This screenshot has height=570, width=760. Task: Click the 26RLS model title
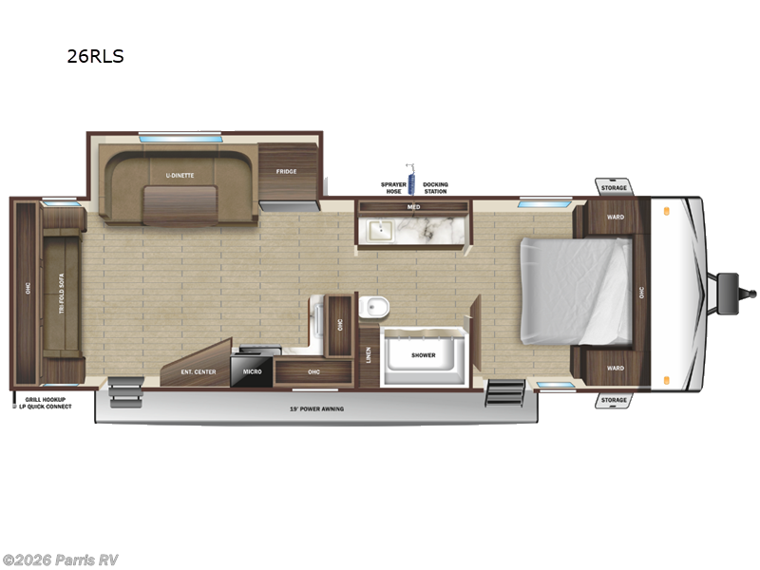pyautogui.click(x=95, y=56)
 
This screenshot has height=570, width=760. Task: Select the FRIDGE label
pyautogui.click(x=286, y=172)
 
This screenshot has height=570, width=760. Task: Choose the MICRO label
pyautogui.click(x=252, y=372)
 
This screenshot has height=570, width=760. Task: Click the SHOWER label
pyautogui.click(x=423, y=355)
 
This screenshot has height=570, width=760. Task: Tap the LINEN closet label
pyautogui.click(x=368, y=355)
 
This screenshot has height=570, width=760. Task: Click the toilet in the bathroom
pyautogui.click(x=375, y=306)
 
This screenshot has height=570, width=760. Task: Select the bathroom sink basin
pyautogui.click(x=379, y=229)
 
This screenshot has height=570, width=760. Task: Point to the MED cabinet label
pyautogui.click(x=413, y=206)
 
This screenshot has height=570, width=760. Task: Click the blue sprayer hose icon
pyautogui.click(x=411, y=180)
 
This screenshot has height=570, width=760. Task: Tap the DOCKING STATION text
pyautogui.click(x=435, y=187)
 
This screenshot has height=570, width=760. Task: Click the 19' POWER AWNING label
pyautogui.click(x=317, y=408)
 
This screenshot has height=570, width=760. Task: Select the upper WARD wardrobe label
pyautogui.click(x=616, y=218)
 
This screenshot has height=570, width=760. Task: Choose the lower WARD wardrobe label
pyautogui.click(x=616, y=369)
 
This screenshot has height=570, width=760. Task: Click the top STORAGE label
pyautogui.click(x=614, y=188)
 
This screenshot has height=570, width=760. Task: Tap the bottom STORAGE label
pyautogui.click(x=614, y=400)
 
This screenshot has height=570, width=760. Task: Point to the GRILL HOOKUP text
pyautogui.click(x=46, y=400)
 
